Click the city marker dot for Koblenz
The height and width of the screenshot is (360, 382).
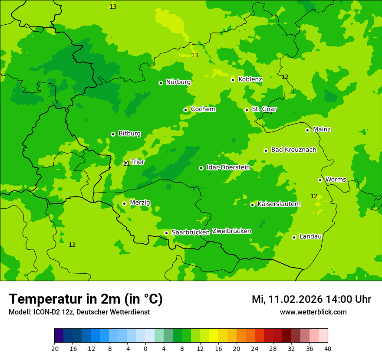[233, 80]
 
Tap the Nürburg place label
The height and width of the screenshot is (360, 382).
[178, 82]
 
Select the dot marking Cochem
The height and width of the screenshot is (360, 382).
[185, 110]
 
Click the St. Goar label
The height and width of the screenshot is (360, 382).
[264, 109]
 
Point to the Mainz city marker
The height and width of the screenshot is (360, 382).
[307, 130]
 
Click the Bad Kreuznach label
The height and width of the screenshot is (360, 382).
[293, 150]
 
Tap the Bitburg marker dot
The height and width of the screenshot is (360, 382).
[113, 134]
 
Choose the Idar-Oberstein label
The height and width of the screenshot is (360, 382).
[228, 167]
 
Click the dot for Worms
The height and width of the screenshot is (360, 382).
[320, 180]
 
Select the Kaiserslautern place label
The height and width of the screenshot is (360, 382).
[279, 204]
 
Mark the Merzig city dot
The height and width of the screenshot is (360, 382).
[124, 203]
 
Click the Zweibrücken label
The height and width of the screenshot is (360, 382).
[231, 231]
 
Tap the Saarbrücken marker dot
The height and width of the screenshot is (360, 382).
[166, 233]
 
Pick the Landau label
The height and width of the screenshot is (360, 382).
[310, 236]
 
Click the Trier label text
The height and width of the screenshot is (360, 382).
[138, 162]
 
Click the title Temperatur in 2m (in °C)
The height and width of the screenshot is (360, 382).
[86, 299]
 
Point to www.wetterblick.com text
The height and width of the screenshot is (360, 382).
[313, 312]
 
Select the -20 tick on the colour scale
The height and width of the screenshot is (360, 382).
[54, 349]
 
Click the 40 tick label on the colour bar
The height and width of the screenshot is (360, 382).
[328, 349]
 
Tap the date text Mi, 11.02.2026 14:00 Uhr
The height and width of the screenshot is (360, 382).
[311, 299]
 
